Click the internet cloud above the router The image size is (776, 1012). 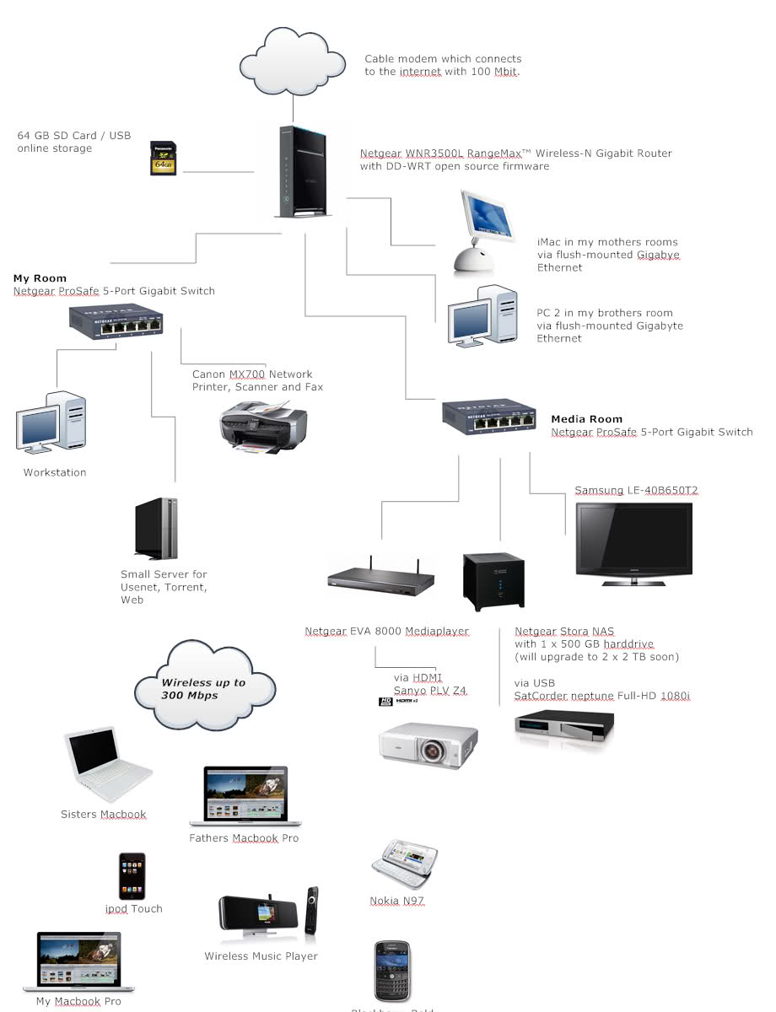294,61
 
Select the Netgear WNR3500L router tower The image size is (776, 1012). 303,172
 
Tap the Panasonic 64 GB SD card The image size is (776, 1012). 163,159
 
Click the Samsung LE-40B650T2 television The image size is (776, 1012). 633,543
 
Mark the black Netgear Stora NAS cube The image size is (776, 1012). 493,581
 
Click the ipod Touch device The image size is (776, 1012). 132,876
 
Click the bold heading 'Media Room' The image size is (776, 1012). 586,419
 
